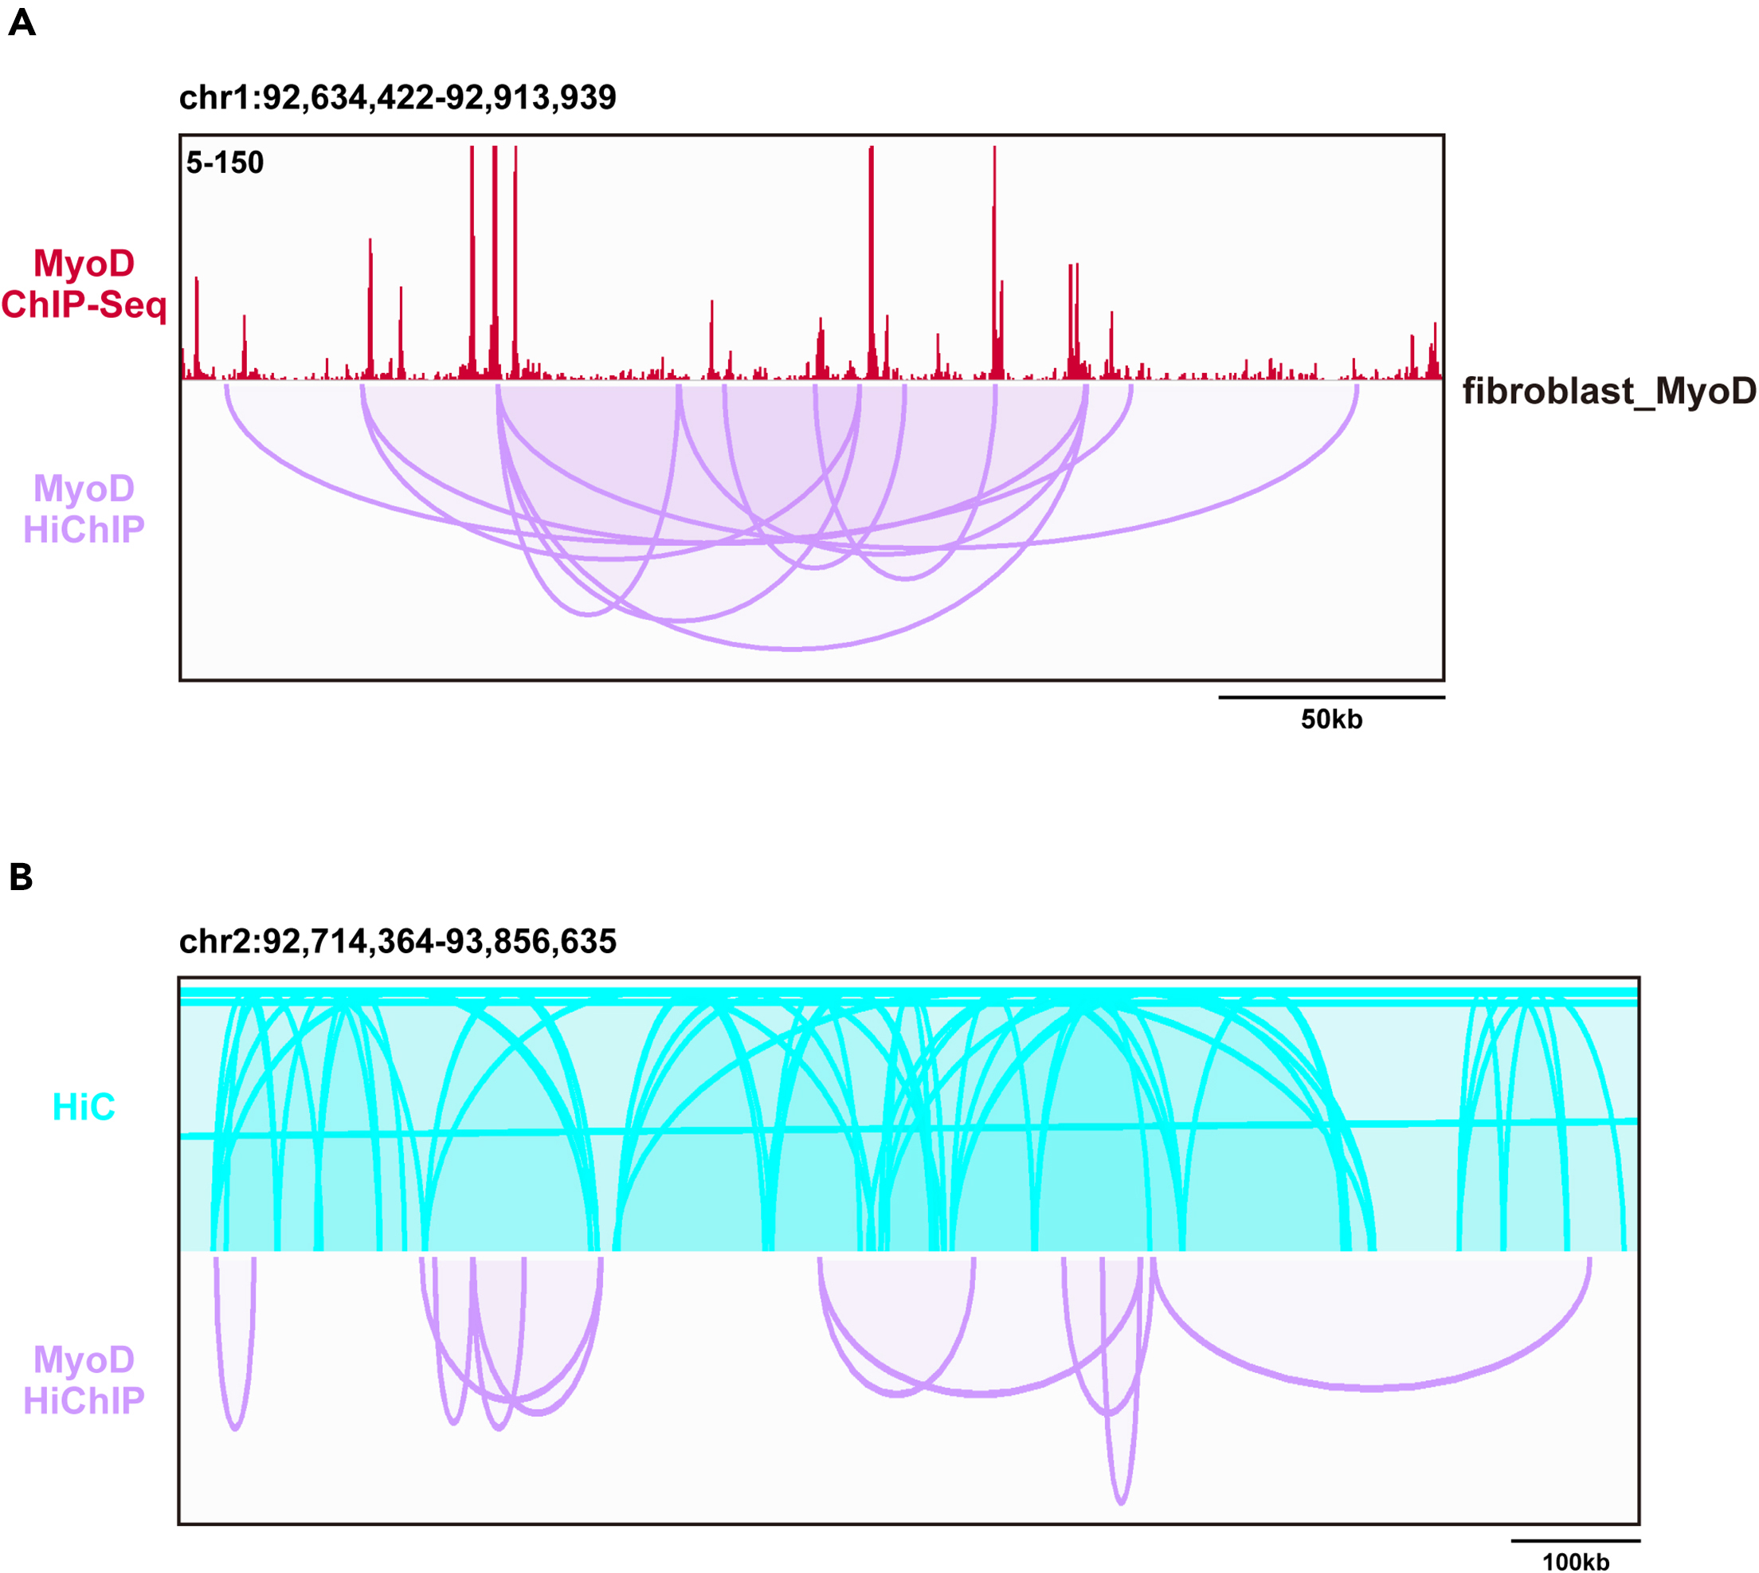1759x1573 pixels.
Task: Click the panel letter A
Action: pos(22,22)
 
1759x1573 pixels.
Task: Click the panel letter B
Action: pos(21,877)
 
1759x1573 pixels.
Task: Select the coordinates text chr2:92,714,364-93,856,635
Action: pos(398,941)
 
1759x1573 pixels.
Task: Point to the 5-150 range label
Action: pos(225,163)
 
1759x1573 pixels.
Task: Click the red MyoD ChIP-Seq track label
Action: pos(84,284)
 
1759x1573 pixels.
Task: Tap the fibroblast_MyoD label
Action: pos(1608,391)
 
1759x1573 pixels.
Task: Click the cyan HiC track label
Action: pos(84,1107)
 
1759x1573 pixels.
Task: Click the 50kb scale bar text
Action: pos(1331,720)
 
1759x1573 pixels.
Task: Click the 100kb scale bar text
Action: pos(1576,1562)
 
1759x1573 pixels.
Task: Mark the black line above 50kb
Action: pos(1331,697)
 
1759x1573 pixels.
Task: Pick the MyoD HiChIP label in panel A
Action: pos(84,509)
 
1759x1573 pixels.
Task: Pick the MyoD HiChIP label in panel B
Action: pos(84,1380)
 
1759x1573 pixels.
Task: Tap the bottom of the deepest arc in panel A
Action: pos(792,648)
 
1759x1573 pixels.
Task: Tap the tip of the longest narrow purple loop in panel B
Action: pos(1122,1503)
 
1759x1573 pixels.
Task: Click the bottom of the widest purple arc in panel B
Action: pos(1372,1388)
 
